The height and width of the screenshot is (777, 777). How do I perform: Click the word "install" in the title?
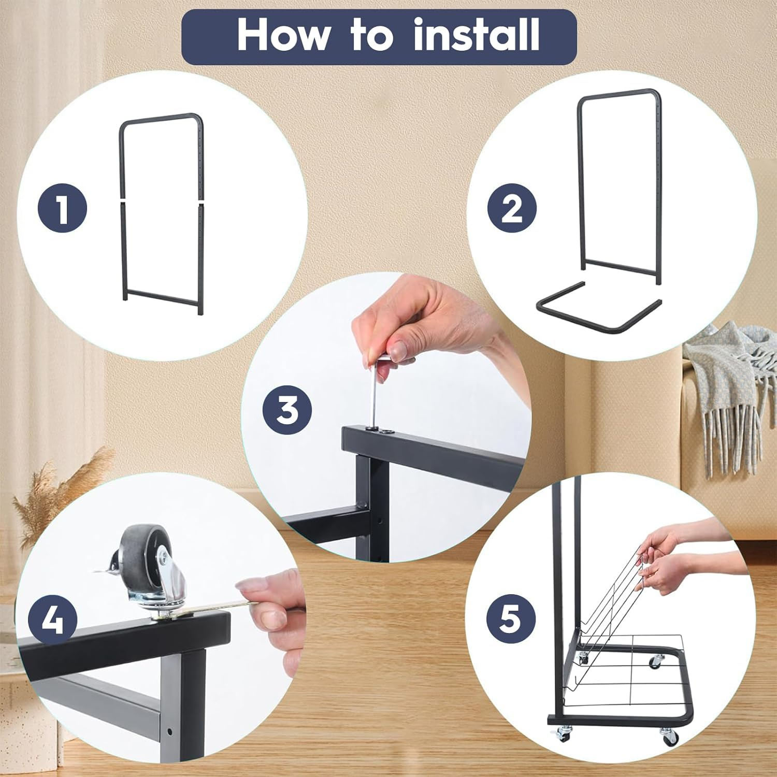click(x=477, y=35)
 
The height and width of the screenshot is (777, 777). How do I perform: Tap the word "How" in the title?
click(x=283, y=35)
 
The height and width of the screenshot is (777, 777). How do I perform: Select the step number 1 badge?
click(x=63, y=209)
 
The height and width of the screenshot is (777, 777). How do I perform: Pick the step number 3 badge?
click(x=287, y=409)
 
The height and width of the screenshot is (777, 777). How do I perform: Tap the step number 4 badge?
click(x=52, y=620)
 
